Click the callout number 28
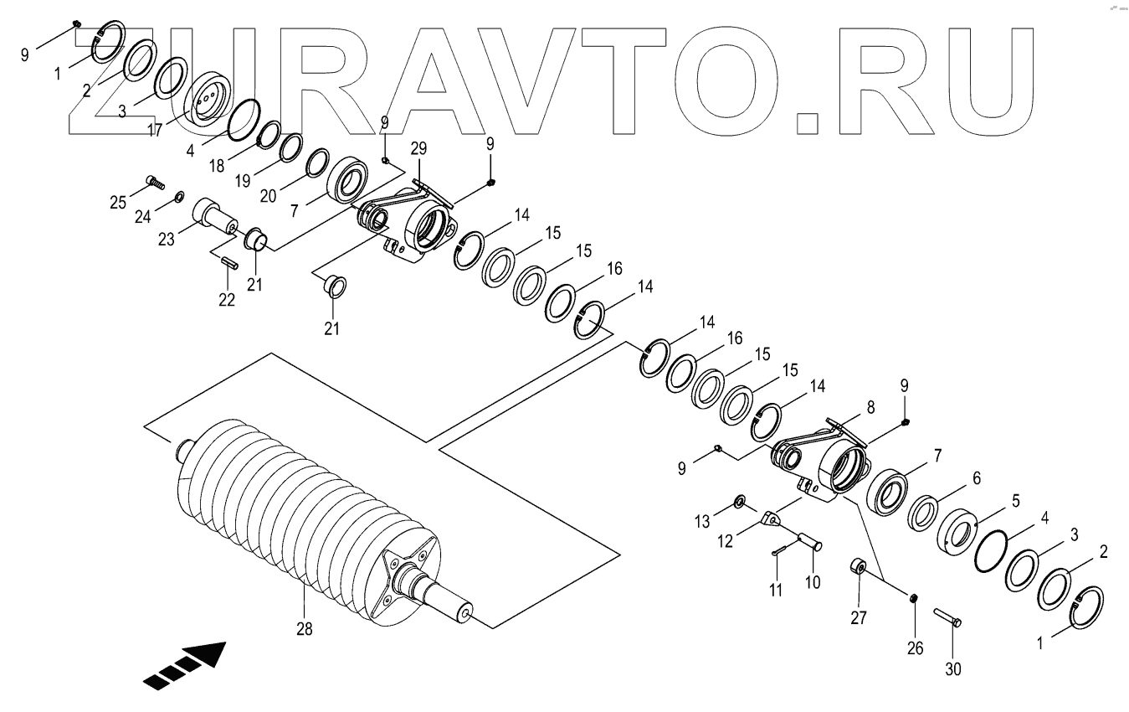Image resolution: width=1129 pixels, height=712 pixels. (x=304, y=628)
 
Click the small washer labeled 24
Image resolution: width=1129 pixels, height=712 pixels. (x=178, y=198)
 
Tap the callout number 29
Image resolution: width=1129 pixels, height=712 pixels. (x=418, y=148)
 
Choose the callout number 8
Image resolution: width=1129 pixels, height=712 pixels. (x=870, y=407)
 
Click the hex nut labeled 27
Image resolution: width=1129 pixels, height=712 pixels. (x=859, y=567)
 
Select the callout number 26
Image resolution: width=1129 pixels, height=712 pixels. (x=914, y=648)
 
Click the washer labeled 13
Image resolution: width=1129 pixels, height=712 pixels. (x=740, y=501)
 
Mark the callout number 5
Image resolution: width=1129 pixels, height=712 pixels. (x=1015, y=500)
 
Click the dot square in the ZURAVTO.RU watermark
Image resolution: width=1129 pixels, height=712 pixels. (x=807, y=122)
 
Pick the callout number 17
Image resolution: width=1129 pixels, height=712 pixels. (x=155, y=130)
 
